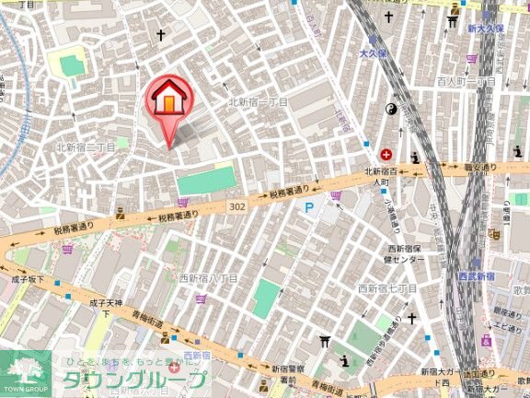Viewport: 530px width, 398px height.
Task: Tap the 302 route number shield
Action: pos(237,208)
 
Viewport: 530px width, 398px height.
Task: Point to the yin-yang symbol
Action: pos(388,110)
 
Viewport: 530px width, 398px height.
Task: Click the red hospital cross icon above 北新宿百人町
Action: pos(385,153)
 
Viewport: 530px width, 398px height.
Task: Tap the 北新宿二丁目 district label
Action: pos(85,146)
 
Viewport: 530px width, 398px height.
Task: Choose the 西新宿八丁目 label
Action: pos(208,276)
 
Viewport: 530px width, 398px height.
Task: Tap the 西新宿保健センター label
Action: pos(405,254)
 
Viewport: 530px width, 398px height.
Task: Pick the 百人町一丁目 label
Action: pos(467,82)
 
